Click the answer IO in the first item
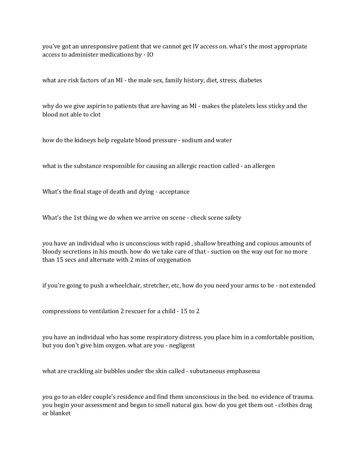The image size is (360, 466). click(150, 55)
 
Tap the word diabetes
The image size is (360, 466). click(250, 80)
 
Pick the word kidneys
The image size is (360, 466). click(85, 140)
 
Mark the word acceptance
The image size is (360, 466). click(174, 192)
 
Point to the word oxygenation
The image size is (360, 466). click(174, 260)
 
